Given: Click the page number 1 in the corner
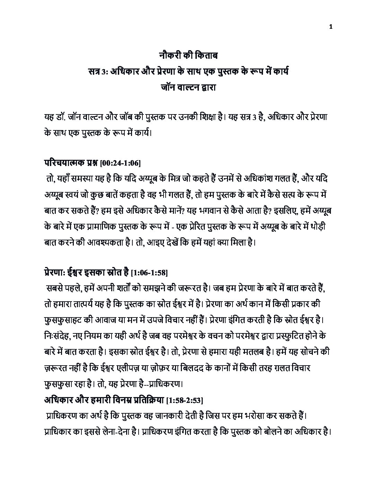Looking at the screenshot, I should point(331,27).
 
